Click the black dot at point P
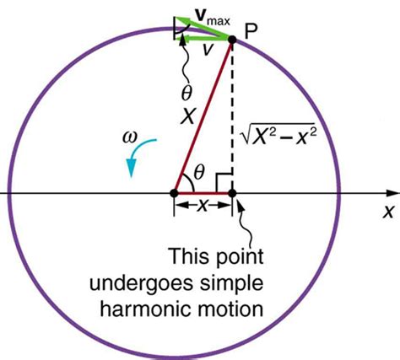(x=232, y=40)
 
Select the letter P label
(x=251, y=31)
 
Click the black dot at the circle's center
(x=174, y=193)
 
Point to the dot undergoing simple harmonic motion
(x=232, y=193)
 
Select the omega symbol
(x=130, y=137)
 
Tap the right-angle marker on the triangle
(x=224, y=182)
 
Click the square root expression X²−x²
(x=278, y=134)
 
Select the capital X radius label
(x=187, y=116)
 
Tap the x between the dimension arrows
(x=203, y=206)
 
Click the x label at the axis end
(x=388, y=211)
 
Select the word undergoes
(x=141, y=284)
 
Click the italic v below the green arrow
(x=208, y=50)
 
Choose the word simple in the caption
(x=231, y=284)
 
